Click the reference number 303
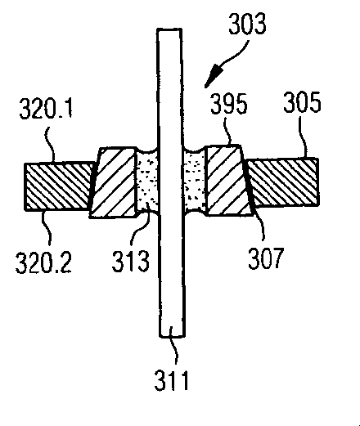point(247,24)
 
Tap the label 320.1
point(46,108)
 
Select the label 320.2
point(43,262)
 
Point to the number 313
point(131,261)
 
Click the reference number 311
point(172,380)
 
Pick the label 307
point(266,258)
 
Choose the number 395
point(229,103)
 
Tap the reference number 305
point(302,102)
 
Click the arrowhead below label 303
point(214,76)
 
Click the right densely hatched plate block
point(282,182)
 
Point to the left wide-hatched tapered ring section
point(113,182)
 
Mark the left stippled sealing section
point(147,182)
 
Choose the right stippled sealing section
point(195,182)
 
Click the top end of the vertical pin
point(169,29)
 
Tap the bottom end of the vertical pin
point(173,336)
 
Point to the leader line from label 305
point(303,137)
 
